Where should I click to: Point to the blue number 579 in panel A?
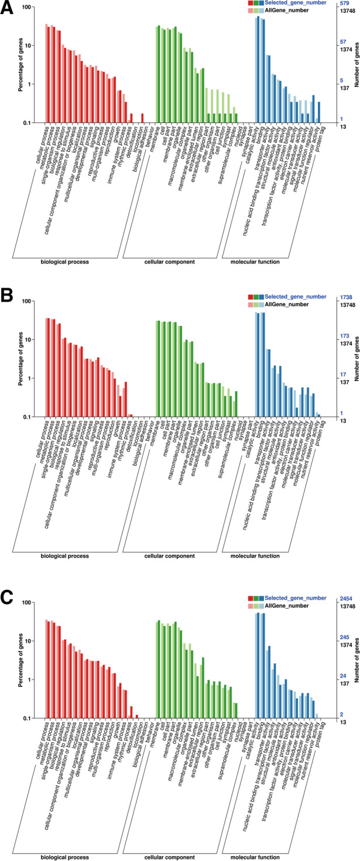344,4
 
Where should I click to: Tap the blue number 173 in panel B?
344,336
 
